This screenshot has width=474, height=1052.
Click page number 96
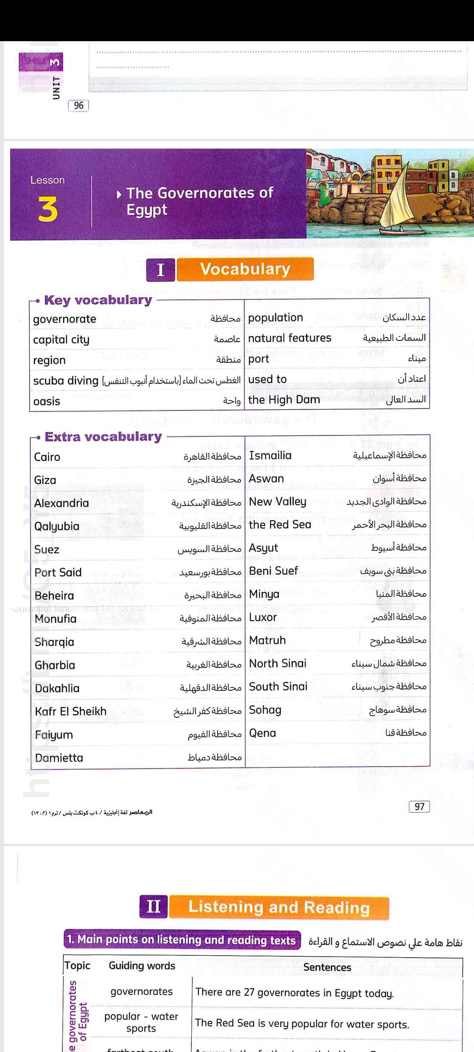pyautogui.click(x=79, y=106)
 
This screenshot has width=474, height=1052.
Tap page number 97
pyautogui.click(x=419, y=807)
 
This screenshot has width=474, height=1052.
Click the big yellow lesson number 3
pyautogui.click(x=48, y=210)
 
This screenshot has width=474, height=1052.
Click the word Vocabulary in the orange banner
pyautogui.click(x=245, y=269)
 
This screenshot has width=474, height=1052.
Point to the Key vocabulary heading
pyautogui.click(x=98, y=300)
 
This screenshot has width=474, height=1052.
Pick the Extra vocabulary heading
pyautogui.click(x=103, y=437)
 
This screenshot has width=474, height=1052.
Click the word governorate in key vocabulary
pyautogui.click(x=65, y=319)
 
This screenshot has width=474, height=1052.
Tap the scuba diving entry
pyautogui.click(x=66, y=380)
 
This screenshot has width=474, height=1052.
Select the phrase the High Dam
pyautogui.click(x=284, y=400)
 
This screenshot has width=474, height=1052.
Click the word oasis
pyautogui.click(x=47, y=402)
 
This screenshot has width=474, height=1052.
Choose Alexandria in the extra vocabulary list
pyautogui.click(x=61, y=503)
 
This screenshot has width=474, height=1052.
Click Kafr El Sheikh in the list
pyautogui.click(x=71, y=711)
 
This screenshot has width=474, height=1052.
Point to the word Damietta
pyautogui.click(x=59, y=758)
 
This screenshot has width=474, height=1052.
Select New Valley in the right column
pyautogui.click(x=277, y=501)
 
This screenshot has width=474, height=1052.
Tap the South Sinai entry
pyautogui.click(x=278, y=686)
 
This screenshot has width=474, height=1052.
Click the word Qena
pyautogui.click(x=262, y=733)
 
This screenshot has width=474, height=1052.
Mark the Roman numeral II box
pyautogui.click(x=154, y=906)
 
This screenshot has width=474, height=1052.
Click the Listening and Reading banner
pyautogui.click(x=279, y=907)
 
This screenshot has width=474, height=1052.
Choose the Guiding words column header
pyautogui.click(x=142, y=966)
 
